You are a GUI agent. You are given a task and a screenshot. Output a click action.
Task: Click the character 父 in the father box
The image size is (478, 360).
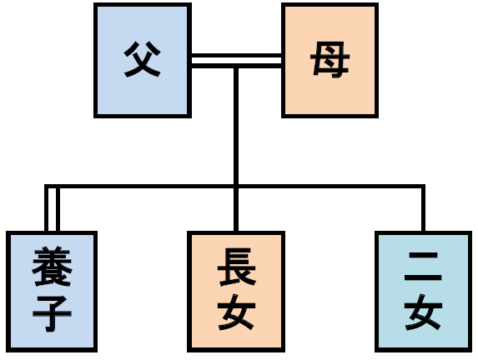(x=143, y=59)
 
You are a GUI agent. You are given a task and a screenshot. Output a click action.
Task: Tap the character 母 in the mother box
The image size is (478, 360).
(x=330, y=59)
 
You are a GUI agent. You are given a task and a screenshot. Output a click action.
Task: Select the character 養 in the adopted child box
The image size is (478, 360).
(x=52, y=267)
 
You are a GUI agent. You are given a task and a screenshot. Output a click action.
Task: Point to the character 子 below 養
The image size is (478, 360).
(x=52, y=313)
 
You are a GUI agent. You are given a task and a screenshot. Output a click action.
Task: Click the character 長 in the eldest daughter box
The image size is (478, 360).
(x=237, y=267)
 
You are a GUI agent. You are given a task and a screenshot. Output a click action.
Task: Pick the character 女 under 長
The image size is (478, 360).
(x=237, y=312)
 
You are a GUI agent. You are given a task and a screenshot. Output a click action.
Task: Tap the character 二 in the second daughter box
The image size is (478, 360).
(x=423, y=267)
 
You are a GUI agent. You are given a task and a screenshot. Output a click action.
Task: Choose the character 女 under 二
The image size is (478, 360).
(x=423, y=312)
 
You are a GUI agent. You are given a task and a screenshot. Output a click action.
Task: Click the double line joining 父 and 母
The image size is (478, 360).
(x=236, y=61)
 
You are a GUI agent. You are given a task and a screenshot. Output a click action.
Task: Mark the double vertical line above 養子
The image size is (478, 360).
(x=52, y=209)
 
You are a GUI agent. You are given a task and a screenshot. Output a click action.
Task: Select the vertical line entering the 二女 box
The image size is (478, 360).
(x=423, y=209)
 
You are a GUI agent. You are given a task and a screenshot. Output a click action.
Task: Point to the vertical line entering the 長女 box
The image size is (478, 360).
(x=236, y=209)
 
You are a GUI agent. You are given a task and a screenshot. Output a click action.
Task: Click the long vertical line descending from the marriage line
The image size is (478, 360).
(x=236, y=126)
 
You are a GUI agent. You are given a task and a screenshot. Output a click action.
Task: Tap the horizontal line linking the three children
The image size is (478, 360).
(x=234, y=186)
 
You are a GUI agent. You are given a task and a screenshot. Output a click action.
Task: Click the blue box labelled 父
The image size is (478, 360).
(x=143, y=60)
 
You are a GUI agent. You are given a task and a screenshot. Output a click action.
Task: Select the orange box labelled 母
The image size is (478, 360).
(x=330, y=60)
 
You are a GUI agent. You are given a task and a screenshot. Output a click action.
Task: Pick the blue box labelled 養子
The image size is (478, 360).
(x=52, y=292)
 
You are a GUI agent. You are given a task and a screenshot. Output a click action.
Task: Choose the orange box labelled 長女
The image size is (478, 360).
(x=236, y=292)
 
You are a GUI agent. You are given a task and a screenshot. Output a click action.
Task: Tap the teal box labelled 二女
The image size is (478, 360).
(x=423, y=292)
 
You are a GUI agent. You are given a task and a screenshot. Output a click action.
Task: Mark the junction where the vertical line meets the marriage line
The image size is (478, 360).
(x=236, y=66)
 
